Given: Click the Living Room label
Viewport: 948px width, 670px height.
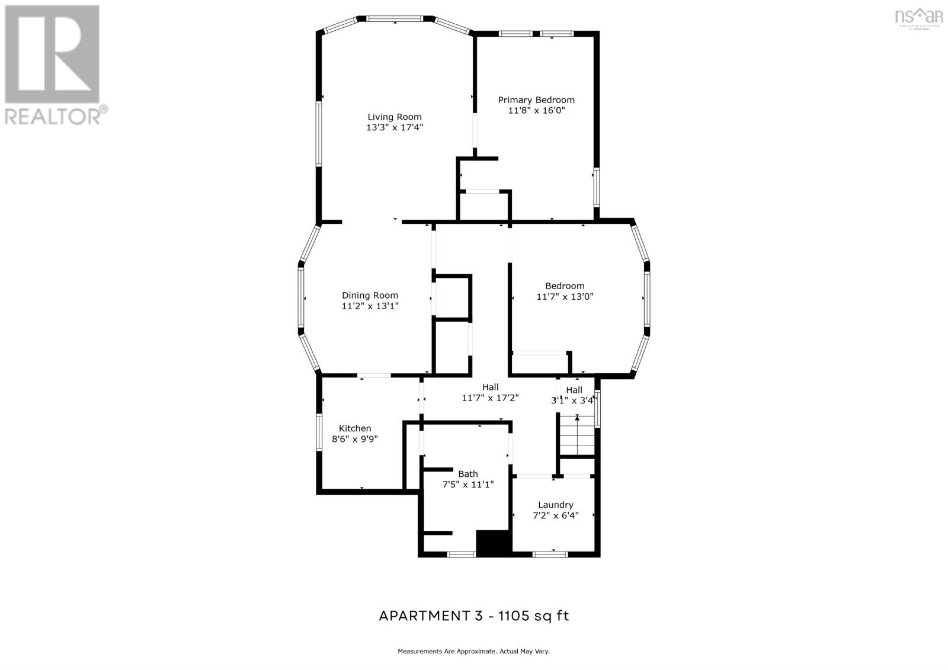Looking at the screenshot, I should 394,117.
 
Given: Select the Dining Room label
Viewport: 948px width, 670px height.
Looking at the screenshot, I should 370,295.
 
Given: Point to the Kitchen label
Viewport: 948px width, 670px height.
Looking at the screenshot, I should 355,428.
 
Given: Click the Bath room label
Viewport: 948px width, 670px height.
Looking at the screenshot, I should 467,474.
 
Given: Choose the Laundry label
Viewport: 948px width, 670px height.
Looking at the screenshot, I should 555,505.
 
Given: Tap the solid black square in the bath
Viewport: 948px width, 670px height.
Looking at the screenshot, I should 494,543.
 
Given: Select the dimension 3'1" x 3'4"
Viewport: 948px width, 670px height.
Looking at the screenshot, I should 572,400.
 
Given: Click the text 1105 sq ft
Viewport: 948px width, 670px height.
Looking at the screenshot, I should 533,615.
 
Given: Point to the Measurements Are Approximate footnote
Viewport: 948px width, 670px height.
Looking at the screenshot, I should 473,651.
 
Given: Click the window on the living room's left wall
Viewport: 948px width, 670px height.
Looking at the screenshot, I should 318,134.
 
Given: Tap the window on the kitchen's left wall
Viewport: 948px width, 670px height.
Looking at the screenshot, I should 318,432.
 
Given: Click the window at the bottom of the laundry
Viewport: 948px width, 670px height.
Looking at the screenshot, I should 550,554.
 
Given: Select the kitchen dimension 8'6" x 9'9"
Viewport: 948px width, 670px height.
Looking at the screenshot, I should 354,439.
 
